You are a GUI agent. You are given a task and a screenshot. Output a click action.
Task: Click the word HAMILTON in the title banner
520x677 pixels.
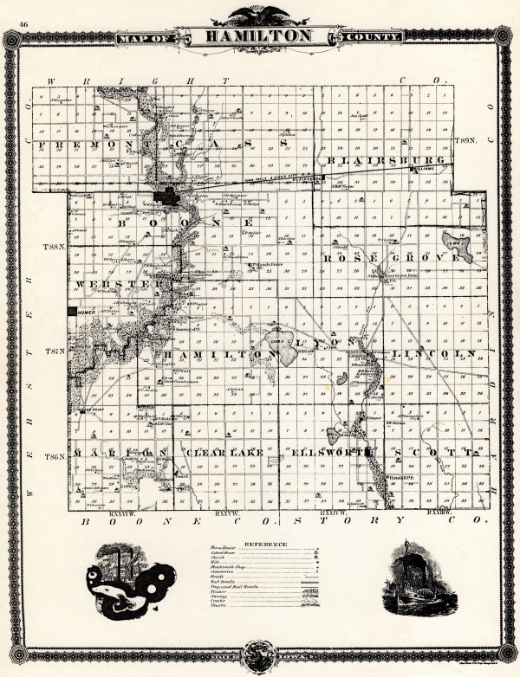pos(259,36)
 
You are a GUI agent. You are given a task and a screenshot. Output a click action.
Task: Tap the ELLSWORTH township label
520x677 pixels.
pos(332,452)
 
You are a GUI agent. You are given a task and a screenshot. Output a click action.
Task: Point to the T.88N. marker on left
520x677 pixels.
pos(54,248)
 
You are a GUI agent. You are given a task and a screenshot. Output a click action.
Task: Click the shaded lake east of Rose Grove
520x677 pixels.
pos(457,245)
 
